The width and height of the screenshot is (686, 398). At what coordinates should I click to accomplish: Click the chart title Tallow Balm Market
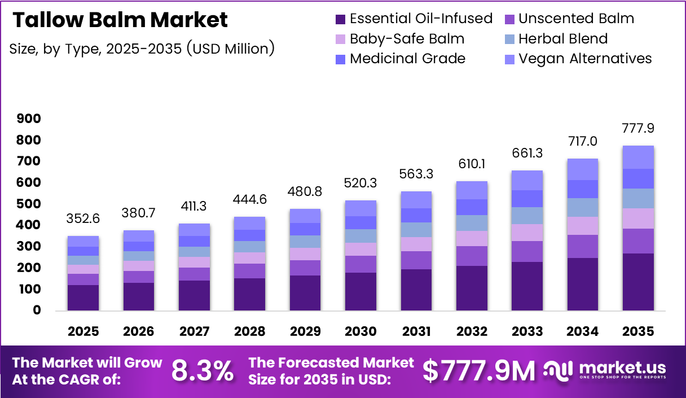120,20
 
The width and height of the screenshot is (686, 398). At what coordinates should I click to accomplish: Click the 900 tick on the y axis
29,119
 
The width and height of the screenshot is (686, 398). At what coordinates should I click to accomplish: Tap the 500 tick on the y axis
29,204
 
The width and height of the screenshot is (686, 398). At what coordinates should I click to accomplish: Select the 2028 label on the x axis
249,331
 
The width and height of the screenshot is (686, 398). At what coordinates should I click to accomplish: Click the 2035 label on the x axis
638,331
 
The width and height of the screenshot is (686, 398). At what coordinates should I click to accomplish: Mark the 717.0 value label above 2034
583,141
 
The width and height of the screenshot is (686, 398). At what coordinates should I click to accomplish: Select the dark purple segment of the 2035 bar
638,282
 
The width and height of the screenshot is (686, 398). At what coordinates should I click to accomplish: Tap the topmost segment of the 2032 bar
472,190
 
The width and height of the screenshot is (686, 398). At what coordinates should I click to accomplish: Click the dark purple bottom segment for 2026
139,296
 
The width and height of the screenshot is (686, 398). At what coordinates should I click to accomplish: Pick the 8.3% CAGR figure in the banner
203,371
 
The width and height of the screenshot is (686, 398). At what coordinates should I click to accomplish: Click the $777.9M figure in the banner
479,371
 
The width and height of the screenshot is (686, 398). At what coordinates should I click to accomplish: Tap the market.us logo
605,370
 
